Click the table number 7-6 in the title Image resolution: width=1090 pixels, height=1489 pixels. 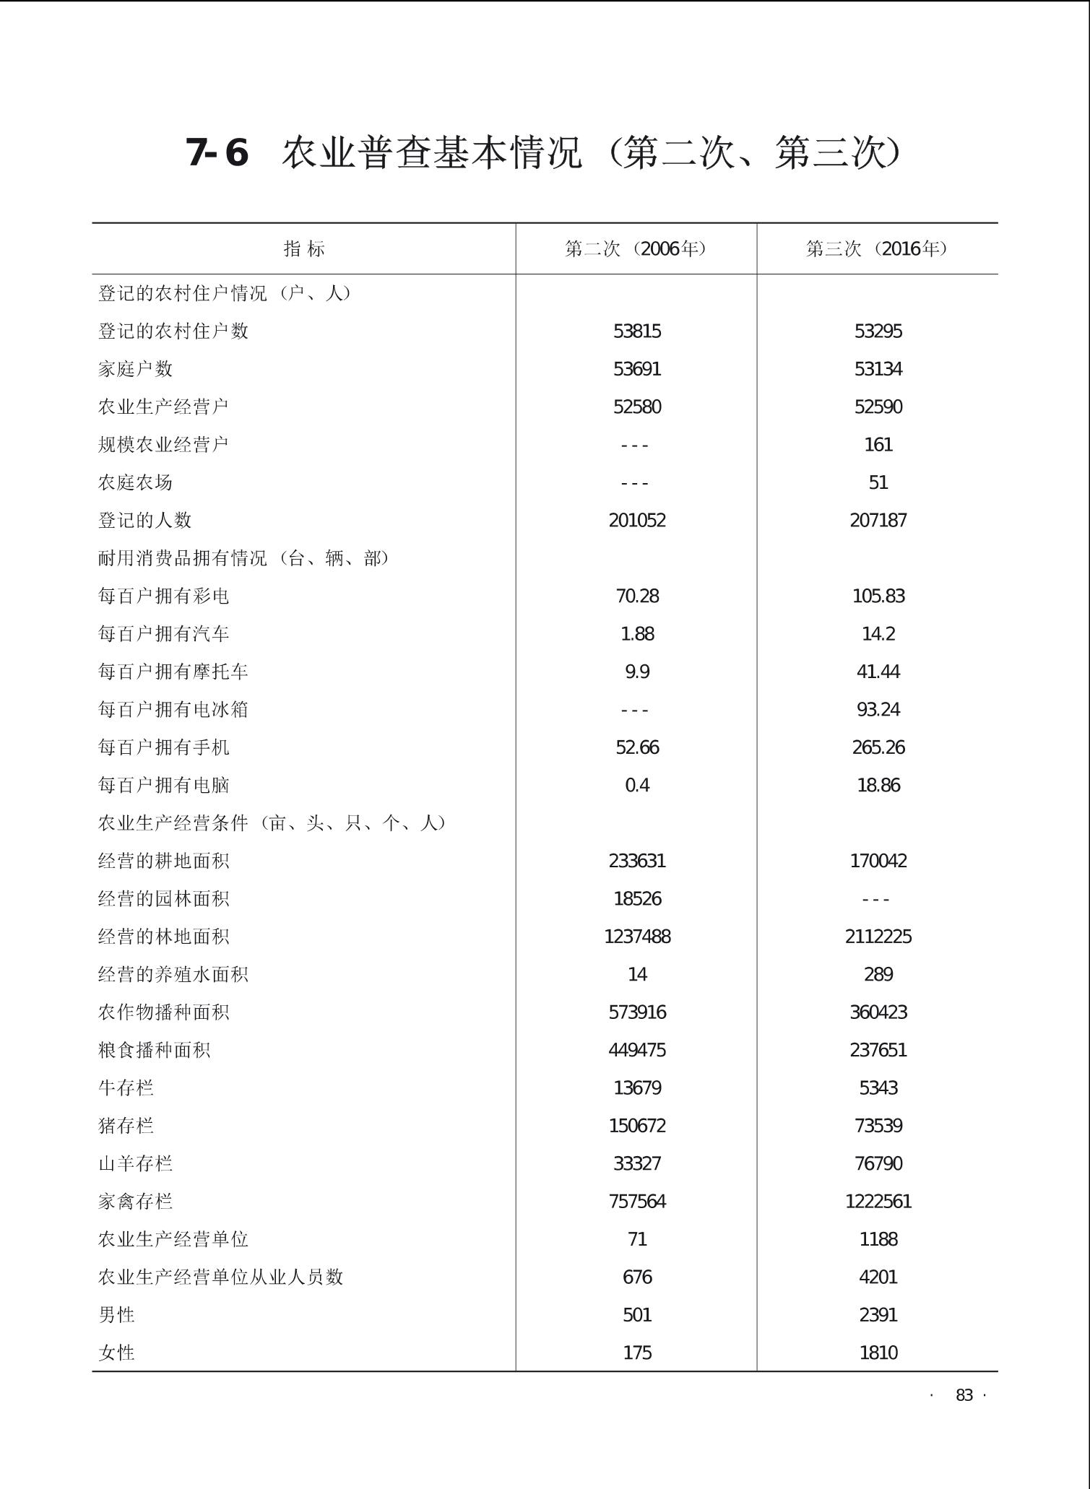(x=217, y=152)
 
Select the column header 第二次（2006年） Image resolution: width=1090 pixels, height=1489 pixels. (x=636, y=249)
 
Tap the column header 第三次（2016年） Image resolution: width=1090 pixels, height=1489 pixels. (x=877, y=249)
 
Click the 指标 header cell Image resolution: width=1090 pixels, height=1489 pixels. (x=304, y=249)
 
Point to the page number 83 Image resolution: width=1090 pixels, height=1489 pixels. (x=964, y=1395)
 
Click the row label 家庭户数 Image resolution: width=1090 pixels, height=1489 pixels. (x=136, y=369)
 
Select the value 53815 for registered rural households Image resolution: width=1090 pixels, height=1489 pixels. (x=637, y=331)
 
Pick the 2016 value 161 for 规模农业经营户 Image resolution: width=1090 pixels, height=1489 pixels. (x=878, y=445)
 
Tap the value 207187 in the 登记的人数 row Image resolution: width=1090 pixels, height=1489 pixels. (x=878, y=521)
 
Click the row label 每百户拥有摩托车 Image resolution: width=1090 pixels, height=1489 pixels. (x=173, y=672)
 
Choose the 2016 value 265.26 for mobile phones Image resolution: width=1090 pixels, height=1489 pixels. (x=878, y=747)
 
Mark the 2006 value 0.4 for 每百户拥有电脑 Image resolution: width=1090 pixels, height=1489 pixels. (x=637, y=785)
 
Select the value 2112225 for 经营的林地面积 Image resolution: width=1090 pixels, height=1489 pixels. (x=878, y=937)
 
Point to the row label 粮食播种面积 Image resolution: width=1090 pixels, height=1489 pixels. (x=155, y=1050)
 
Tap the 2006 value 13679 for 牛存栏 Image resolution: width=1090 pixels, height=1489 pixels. (x=637, y=1088)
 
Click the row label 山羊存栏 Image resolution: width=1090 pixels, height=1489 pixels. (x=136, y=1163)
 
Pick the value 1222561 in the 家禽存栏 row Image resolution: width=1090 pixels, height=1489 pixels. (x=878, y=1202)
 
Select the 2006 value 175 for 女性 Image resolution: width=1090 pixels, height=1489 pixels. (x=637, y=1353)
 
